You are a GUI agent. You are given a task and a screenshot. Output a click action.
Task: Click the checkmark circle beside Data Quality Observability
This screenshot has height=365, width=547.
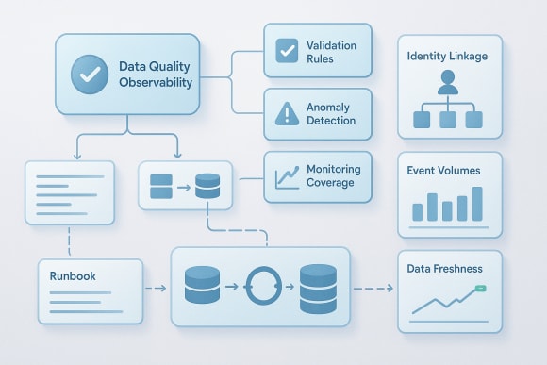point(90,75)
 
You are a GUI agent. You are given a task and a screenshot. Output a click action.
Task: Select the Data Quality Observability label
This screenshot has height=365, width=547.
point(155,75)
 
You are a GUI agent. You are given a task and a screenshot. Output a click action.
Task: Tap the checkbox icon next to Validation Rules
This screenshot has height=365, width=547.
point(287,51)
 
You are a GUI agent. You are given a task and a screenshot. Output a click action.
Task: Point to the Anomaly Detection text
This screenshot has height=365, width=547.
point(331,114)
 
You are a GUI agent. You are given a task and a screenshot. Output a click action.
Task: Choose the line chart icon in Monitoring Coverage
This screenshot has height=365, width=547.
point(287,176)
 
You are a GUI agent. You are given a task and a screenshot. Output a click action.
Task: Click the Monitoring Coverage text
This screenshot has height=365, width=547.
point(331,175)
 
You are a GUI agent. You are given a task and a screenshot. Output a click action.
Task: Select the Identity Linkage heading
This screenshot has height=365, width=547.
point(447,57)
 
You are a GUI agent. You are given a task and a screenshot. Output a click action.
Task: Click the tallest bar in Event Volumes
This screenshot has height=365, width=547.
point(477,203)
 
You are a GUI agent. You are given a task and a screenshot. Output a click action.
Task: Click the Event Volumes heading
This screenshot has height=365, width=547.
point(443,171)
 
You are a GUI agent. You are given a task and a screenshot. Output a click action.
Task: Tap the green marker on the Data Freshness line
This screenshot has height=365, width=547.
point(478,288)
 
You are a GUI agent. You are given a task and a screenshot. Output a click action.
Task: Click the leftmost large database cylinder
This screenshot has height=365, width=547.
point(203,287)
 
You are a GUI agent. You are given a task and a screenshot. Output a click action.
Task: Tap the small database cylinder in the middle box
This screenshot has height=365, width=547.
point(207,185)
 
